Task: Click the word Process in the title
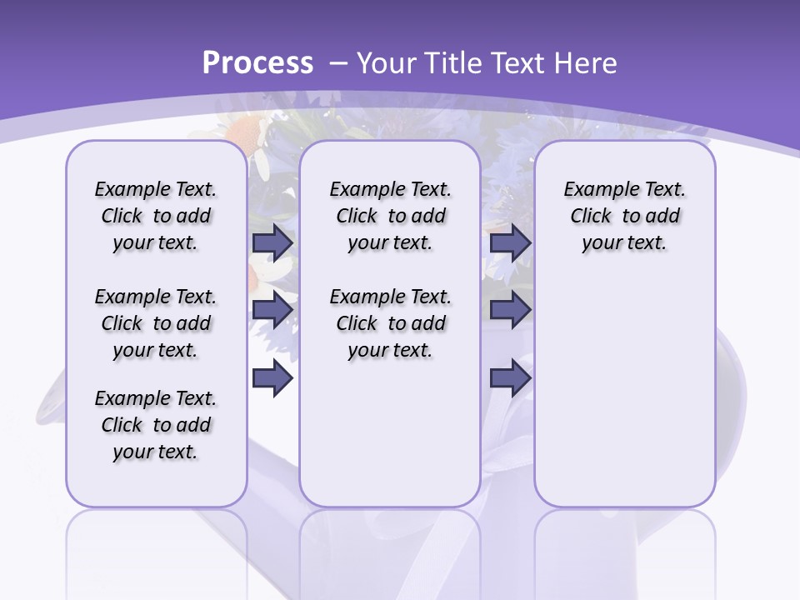[257, 62]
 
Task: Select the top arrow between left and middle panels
[272, 242]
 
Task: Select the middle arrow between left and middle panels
[272, 310]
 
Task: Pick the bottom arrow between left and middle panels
[272, 378]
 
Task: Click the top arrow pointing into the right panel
[511, 242]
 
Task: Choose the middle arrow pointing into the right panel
[511, 310]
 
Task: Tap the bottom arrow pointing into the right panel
[511, 378]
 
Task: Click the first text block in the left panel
[156, 216]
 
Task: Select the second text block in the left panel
[156, 323]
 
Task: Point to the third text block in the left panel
[156, 425]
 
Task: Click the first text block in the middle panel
[390, 216]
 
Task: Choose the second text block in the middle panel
[390, 323]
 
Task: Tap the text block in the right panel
[624, 216]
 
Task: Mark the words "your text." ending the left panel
[156, 452]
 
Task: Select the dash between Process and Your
[337, 63]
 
